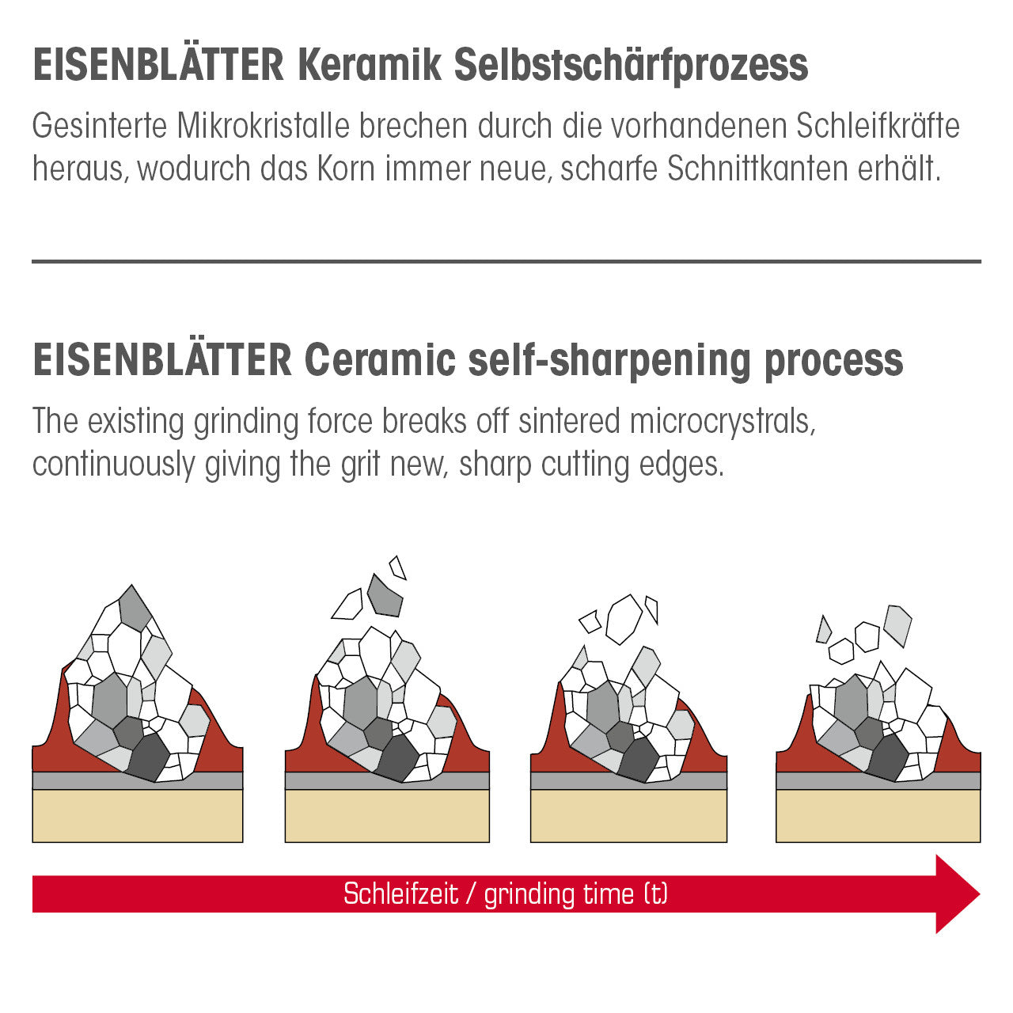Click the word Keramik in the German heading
(x=368, y=65)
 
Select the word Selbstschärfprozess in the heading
(x=631, y=65)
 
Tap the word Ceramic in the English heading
(x=380, y=360)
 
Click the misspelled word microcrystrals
(x=723, y=421)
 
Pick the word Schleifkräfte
(x=878, y=127)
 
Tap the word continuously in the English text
(x=113, y=465)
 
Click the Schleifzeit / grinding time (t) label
(x=505, y=894)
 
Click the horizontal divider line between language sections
(x=506, y=261)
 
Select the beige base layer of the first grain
(x=137, y=816)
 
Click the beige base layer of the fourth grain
(x=878, y=816)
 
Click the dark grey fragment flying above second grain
(x=385, y=598)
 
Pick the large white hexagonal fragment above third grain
(x=624, y=619)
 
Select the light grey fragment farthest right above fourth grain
(x=898, y=625)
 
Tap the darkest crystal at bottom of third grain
(x=638, y=760)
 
